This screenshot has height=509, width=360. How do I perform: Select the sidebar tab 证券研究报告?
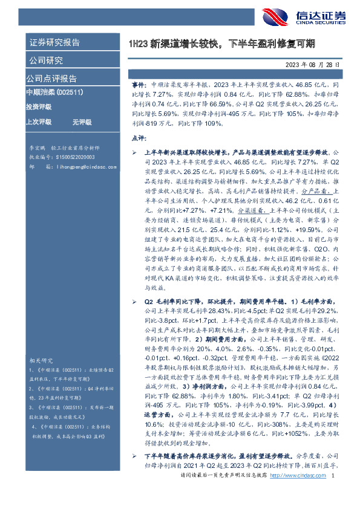(54, 42)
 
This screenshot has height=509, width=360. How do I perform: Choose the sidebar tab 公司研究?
(46, 60)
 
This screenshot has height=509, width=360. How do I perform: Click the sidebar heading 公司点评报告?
(51, 78)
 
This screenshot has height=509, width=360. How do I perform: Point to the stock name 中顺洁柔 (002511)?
(54, 92)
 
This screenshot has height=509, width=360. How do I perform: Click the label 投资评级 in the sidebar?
(38, 106)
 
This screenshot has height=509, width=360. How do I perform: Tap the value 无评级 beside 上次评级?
(81, 122)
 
